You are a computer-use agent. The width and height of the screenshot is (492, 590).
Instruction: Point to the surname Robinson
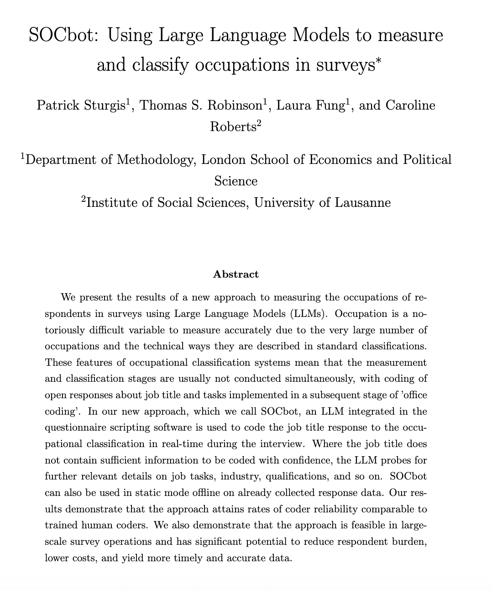pos(233,105)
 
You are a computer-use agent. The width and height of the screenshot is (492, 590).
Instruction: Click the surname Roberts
pos(233,126)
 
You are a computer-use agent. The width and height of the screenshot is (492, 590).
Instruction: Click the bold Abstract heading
pos(236,274)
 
